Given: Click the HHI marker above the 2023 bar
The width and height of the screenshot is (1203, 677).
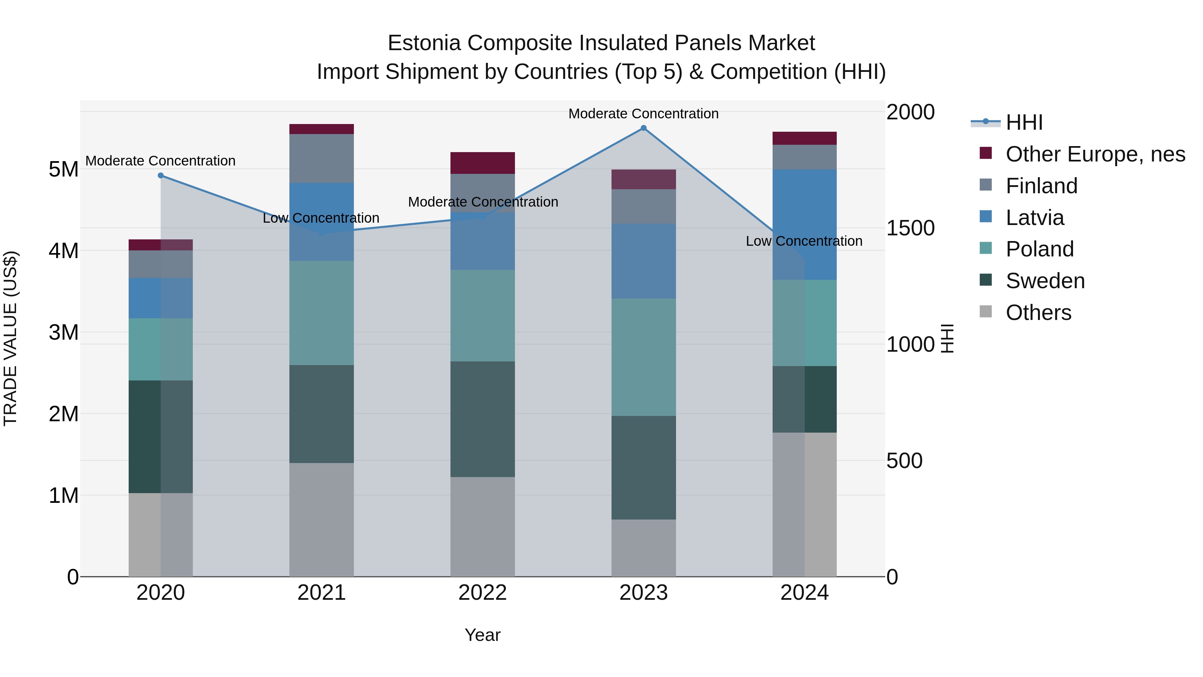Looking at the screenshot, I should coord(644,128).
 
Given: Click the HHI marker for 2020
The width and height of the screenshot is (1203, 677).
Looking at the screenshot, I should coord(161,176).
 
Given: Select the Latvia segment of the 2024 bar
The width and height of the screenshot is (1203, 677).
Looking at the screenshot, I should coord(804,224).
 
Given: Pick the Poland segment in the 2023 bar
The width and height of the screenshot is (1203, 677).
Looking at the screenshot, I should coord(644,357).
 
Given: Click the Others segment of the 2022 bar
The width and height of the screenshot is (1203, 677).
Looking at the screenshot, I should coord(483,527).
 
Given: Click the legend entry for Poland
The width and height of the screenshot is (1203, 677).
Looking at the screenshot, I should coord(1040,249).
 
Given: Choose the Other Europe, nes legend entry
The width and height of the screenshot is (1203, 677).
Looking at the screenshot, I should coord(1095,154).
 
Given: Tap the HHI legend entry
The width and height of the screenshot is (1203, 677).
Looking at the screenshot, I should coord(1024,122).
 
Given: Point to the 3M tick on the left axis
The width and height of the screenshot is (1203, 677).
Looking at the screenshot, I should coord(63,333).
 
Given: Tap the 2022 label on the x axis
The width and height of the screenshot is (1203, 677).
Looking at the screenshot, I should coord(483,593).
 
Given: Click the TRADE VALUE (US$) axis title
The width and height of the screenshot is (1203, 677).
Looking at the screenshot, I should coord(10,338).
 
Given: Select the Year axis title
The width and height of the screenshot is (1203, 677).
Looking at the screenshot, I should coord(483,635).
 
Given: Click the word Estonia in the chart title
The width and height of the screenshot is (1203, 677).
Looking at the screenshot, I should coord(424,43).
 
